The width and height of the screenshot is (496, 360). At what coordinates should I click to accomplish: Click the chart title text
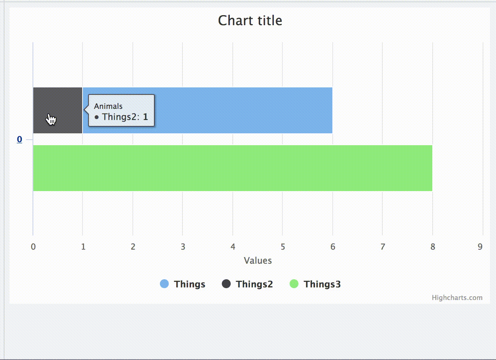[250, 20]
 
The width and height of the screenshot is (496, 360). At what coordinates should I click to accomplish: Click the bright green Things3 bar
[232, 168]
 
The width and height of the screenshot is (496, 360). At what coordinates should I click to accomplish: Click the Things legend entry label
[190, 284]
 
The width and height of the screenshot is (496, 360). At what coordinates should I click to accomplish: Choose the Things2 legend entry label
[254, 284]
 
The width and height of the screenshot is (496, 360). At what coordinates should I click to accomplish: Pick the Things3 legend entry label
[322, 284]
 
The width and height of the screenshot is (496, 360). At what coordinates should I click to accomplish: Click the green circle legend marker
[294, 284]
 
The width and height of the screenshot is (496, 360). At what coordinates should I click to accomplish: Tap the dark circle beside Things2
[226, 284]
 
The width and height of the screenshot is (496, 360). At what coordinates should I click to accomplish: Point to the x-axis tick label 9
[480, 247]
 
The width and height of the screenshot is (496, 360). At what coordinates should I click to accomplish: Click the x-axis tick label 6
[333, 247]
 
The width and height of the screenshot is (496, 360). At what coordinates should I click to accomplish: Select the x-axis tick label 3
[183, 247]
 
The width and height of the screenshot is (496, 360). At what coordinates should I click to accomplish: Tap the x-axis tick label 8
[432, 247]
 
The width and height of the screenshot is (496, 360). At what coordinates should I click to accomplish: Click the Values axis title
[258, 260]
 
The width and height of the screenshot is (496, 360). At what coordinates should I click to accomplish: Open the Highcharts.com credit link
[457, 297]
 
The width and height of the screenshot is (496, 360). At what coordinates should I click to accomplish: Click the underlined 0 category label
[20, 139]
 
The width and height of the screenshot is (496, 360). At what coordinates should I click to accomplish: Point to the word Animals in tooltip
[108, 106]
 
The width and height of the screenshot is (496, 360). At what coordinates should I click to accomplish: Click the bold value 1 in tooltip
[145, 117]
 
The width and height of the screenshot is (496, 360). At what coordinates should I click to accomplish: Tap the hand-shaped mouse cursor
[51, 119]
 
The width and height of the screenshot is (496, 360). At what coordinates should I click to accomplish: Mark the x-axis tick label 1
[83, 247]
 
